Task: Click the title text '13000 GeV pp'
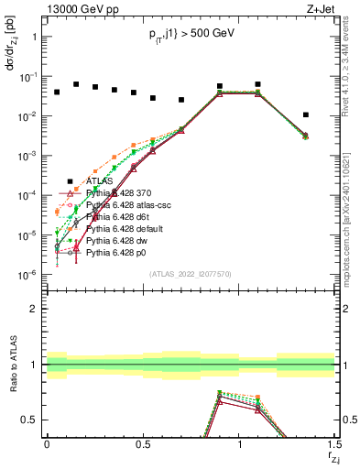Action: tap(77, 8)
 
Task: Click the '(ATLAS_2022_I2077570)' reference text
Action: tap(190, 272)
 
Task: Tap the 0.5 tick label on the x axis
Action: tap(143, 443)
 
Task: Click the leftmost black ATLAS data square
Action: tap(57, 93)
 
